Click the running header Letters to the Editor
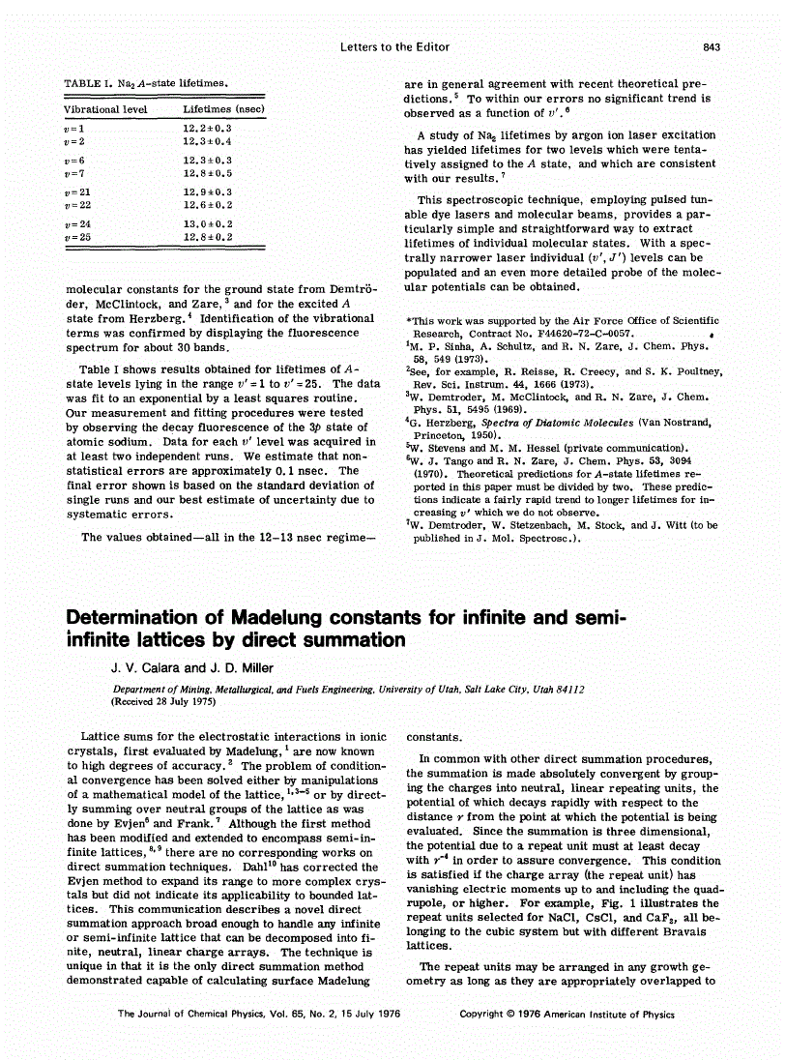(x=395, y=46)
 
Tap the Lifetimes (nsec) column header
(x=223, y=109)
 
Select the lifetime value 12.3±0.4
(x=207, y=141)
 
